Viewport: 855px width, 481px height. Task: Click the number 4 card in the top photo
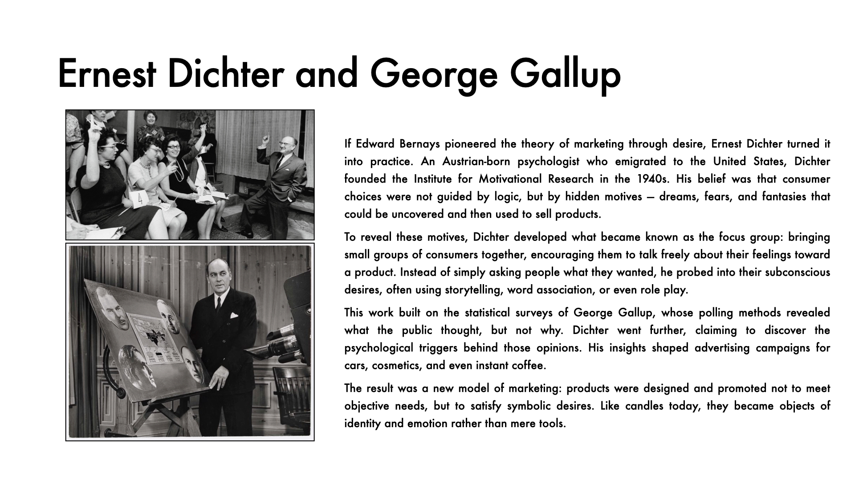tap(139, 200)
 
